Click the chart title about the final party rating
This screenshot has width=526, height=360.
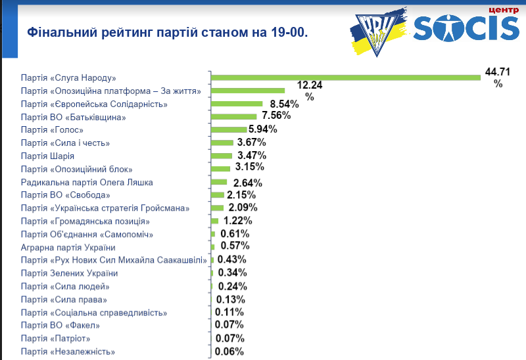click(167, 32)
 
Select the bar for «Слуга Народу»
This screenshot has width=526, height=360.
click(346, 78)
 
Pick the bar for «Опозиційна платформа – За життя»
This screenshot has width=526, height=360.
click(248, 91)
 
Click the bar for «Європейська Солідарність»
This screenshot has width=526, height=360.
click(237, 104)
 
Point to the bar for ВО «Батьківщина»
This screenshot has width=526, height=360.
click(233, 117)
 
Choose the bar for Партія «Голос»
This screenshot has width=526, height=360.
click(229, 129)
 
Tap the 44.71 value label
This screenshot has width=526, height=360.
click(498, 71)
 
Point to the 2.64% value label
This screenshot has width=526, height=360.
click(248, 183)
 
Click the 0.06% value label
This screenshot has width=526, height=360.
click(229, 351)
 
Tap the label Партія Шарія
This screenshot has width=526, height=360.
click(47, 156)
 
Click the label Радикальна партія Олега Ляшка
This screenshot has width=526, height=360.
click(87, 182)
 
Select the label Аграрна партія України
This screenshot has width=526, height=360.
click(68, 247)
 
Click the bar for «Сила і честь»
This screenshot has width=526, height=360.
click(222, 143)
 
